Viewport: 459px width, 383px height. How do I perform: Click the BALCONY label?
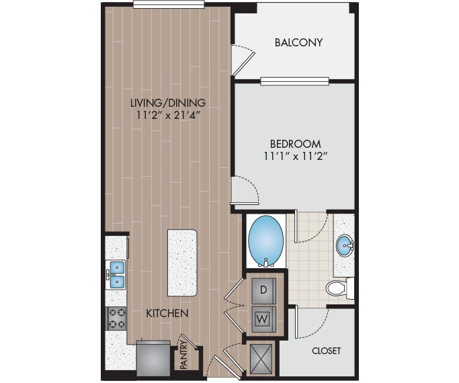point(299,42)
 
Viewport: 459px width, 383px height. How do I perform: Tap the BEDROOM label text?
point(295,143)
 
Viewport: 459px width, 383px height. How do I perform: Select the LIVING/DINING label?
point(168,103)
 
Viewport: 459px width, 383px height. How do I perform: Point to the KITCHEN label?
point(167,313)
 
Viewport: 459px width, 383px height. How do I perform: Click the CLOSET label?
point(326,351)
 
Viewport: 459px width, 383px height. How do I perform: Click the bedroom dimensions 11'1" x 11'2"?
point(295,158)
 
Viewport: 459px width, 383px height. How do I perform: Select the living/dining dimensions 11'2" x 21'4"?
point(168,116)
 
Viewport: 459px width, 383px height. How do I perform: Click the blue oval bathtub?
point(266,239)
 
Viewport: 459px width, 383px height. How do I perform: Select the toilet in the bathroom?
point(339,288)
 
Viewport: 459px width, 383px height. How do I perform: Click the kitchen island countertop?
point(183,261)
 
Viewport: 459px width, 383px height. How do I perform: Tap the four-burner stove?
point(117,317)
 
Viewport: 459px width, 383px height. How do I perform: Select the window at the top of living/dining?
point(169,5)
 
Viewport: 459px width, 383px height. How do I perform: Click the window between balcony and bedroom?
point(295,81)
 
